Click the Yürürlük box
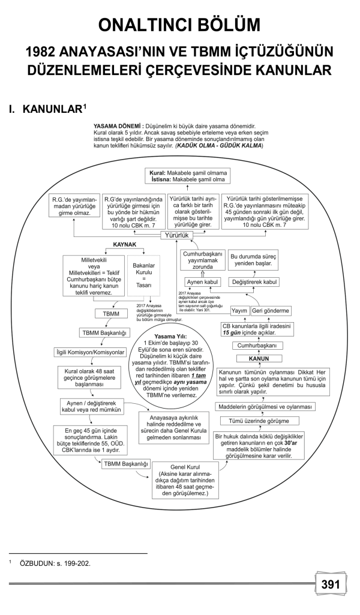click(178, 236)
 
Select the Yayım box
click(239, 310)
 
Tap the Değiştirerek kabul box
click(254, 282)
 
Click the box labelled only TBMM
click(109, 314)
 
